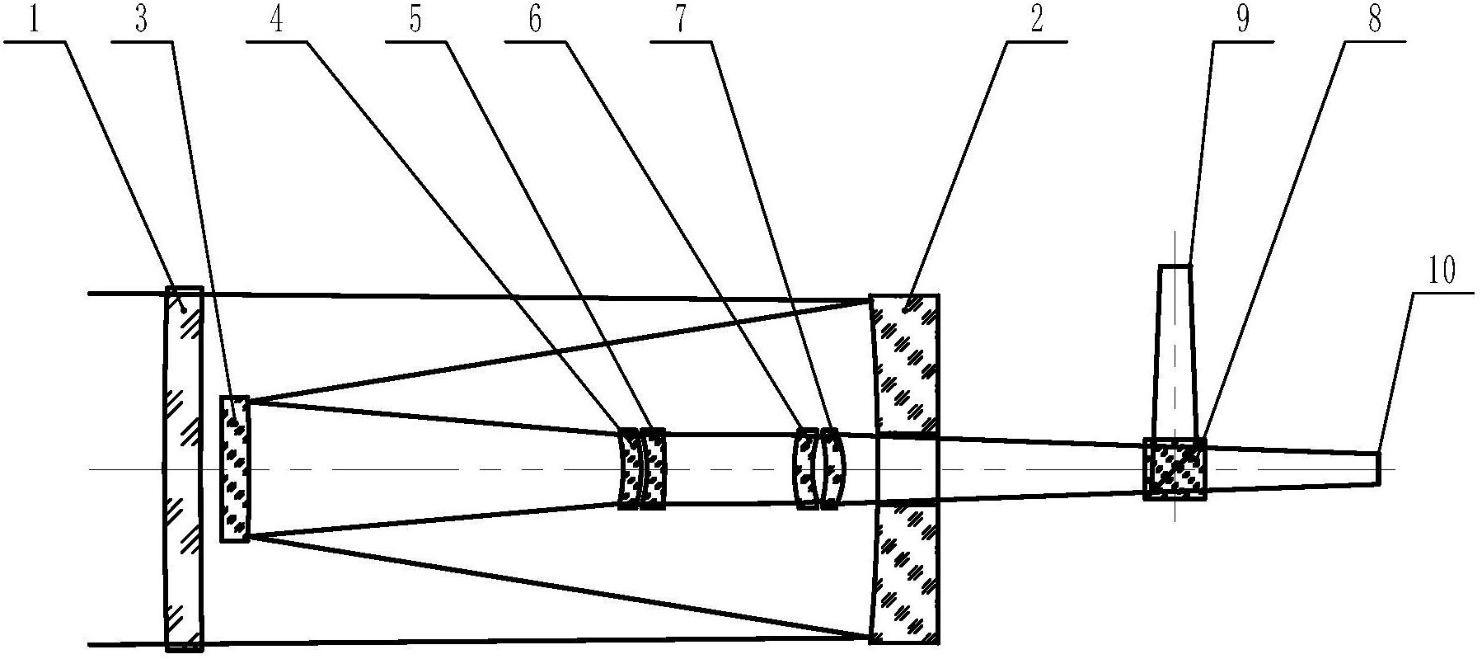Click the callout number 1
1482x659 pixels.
coord(33,21)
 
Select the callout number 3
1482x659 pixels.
coord(141,21)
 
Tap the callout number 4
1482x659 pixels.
coord(276,21)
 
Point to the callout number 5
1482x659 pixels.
coord(415,21)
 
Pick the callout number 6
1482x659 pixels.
coord(535,21)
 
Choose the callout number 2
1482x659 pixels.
coord(1036,21)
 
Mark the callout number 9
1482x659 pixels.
coord(1242,21)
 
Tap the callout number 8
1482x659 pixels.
coord(1374,21)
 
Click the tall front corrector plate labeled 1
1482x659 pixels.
coord(183,468)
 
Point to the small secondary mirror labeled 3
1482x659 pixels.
coord(235,468)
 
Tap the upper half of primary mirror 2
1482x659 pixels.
coord(903,364)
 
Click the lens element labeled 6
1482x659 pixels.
coord(805,468)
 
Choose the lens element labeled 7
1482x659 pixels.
coord(832,468)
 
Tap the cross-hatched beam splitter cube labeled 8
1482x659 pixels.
coord(1175,468)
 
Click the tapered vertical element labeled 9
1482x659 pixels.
coord(1175,351)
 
